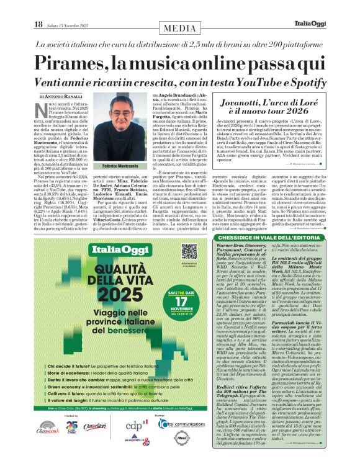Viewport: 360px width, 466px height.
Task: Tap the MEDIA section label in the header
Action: pos(179,29)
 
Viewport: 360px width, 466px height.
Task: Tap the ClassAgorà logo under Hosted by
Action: pos(48,428)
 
